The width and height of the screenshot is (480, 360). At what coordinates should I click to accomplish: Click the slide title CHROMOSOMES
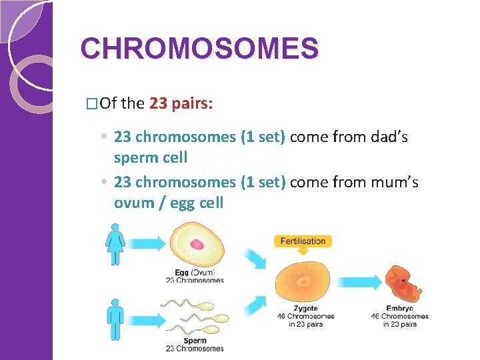[199, 48]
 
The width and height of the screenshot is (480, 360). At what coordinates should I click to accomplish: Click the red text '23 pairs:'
[181, 103]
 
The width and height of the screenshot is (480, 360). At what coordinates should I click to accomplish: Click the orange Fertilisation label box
[303, 241]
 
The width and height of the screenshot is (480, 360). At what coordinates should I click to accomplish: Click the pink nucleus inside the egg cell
[197, 245]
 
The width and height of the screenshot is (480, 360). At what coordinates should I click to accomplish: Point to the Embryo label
[399, 309]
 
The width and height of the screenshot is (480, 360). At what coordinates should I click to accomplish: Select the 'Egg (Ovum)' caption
[194, 273]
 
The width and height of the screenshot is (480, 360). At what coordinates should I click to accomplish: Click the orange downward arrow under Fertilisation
[303, 252]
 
